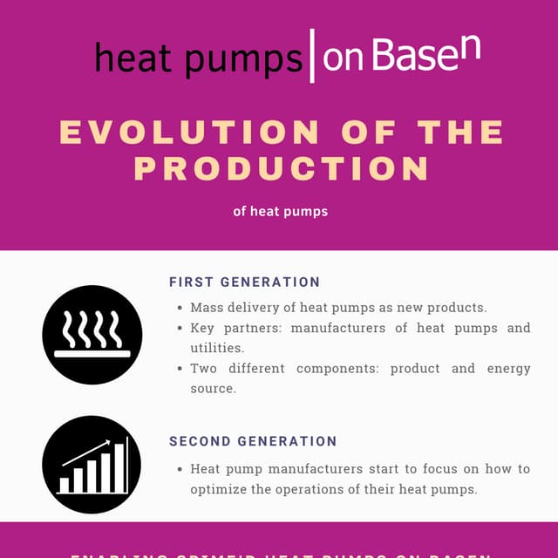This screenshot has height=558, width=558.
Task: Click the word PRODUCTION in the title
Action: point(282,167)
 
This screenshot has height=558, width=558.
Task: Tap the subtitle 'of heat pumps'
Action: point(281,211)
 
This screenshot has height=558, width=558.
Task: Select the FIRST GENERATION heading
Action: point(244,282)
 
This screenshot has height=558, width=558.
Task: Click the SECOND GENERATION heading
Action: point(253,442)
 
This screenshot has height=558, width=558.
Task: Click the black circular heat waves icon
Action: point(92,335)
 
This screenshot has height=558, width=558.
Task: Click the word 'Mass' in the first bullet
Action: point(207,308)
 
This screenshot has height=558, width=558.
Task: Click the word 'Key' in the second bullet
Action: point(202,328)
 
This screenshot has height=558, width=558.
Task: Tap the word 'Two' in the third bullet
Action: point(204,368)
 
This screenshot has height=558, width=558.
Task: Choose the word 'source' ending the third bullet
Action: point(212,388)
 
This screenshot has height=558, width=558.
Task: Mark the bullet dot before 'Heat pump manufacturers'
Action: point(180,469)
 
